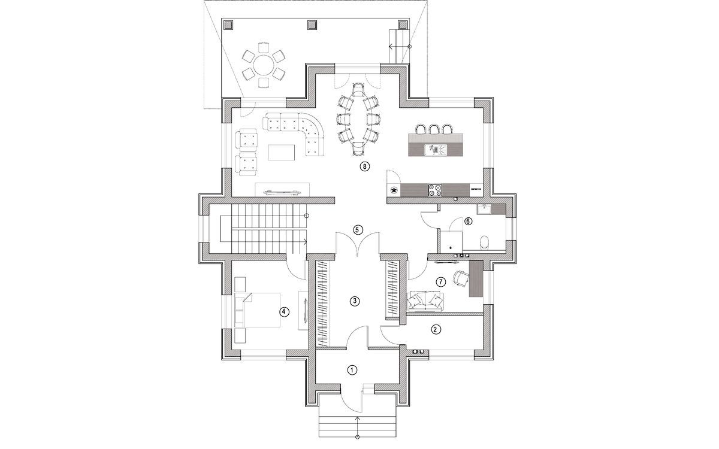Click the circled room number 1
[352, 370]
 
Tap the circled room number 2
[436, 329]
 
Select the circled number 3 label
[355, 301]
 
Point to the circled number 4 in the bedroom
[285, 311]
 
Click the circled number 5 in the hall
[357, 229]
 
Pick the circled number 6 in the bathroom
[468, 221]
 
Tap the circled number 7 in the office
[441, 281]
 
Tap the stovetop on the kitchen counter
[436, 190]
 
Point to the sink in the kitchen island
[436, 148]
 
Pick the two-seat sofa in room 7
[426, 301]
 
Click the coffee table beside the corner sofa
[282, 152]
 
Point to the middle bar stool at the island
[434, 129]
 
